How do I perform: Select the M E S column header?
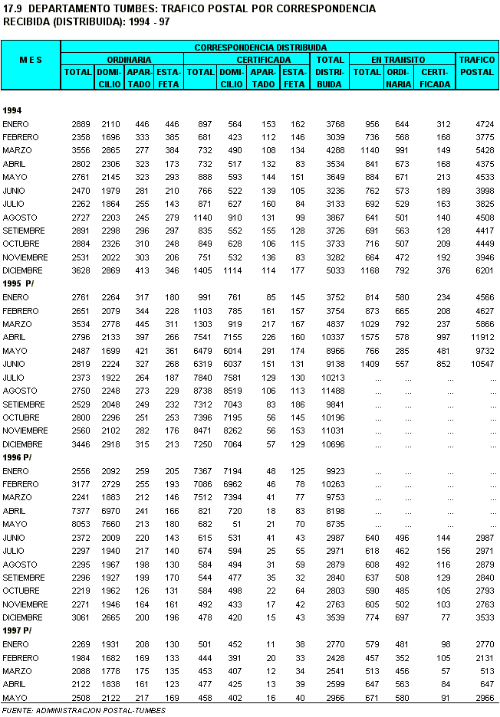[31, 59]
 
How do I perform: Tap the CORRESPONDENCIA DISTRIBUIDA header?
[260, 47]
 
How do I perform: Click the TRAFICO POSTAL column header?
[476, 65]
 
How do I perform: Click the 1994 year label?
[12, 110]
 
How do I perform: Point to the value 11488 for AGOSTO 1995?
[330, 391]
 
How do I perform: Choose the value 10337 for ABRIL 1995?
[330, 337]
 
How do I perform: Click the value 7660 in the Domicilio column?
[110, 524]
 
